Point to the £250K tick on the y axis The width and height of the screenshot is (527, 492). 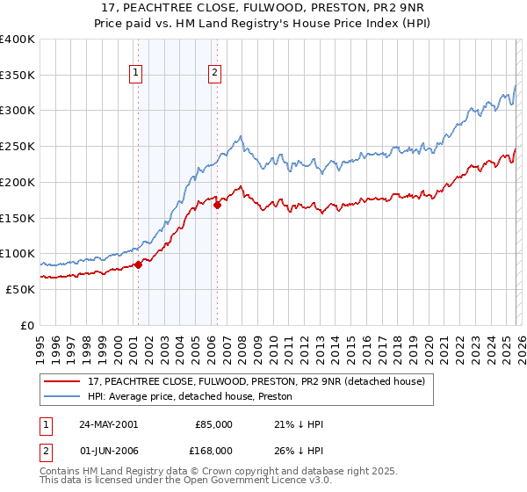pyautogui.click(x=18, y=146)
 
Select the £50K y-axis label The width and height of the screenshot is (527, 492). pyautogui.click(x=19, y=289)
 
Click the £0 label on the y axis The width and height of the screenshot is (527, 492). pyautogui.click(x=28, y=325)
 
